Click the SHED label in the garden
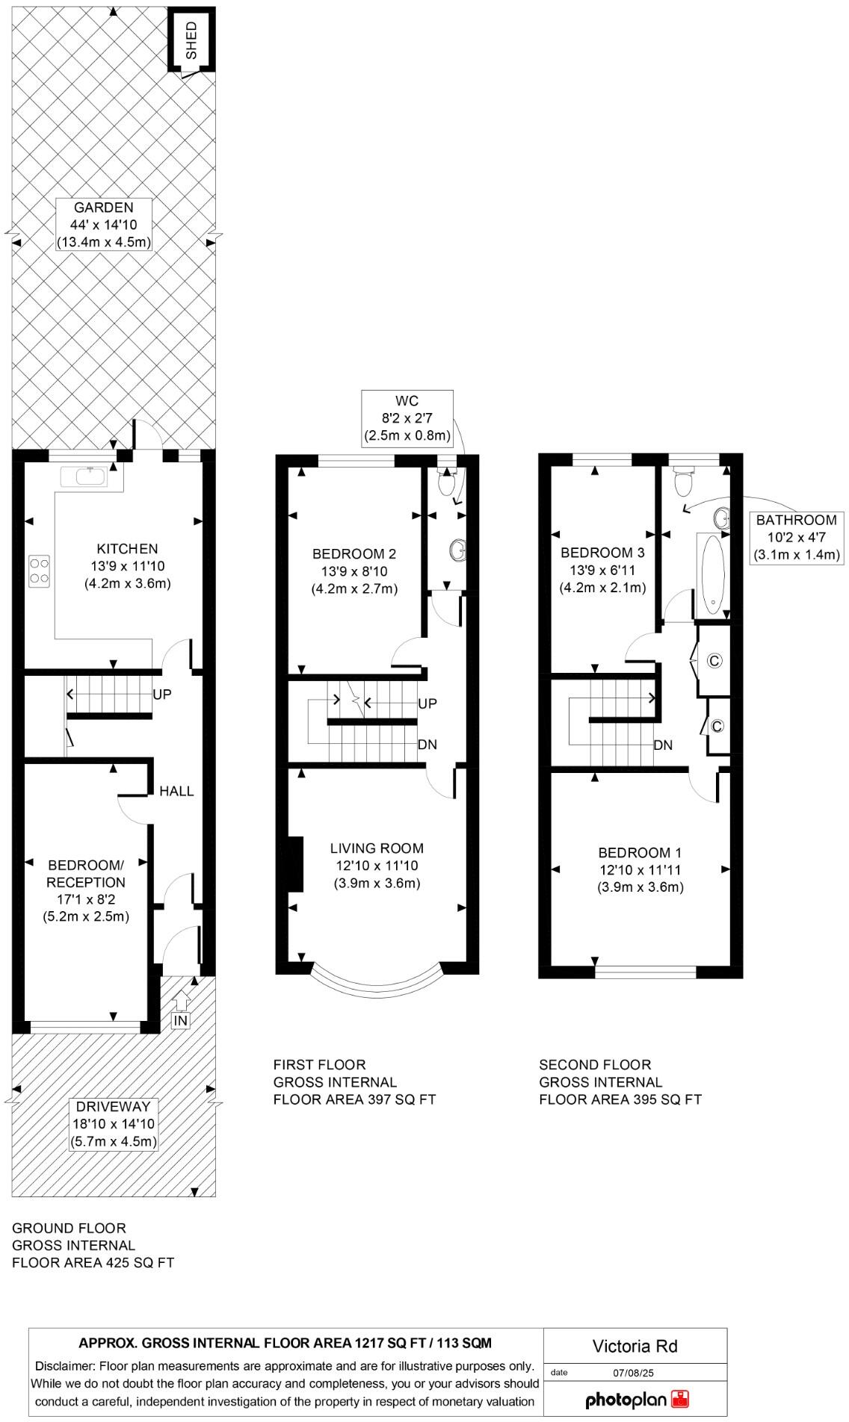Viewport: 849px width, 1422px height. [191, 40]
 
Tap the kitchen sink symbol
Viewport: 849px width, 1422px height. [90, 476]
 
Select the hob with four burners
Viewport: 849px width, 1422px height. [40, 570]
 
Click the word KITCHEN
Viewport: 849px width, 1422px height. [127, 549]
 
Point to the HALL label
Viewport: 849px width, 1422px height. [176, 791]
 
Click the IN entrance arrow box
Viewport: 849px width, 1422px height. [180, 1019]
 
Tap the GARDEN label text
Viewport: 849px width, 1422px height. [104, 208]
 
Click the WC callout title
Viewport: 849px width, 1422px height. [407, 402]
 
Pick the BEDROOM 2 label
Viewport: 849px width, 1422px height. [354, 554]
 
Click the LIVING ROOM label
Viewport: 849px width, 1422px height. [377, 848]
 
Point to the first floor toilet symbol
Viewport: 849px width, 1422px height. [447, 483]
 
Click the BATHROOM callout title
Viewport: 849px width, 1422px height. [796, 521]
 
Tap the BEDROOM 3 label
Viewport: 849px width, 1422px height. [602, 553]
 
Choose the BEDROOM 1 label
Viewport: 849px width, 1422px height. [640, 853]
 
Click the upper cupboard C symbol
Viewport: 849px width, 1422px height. [714, 661]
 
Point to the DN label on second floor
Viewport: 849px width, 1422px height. [663, 745]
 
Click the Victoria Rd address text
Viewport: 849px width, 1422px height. [635, 1347]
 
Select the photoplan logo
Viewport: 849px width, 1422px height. [637, 1400]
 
